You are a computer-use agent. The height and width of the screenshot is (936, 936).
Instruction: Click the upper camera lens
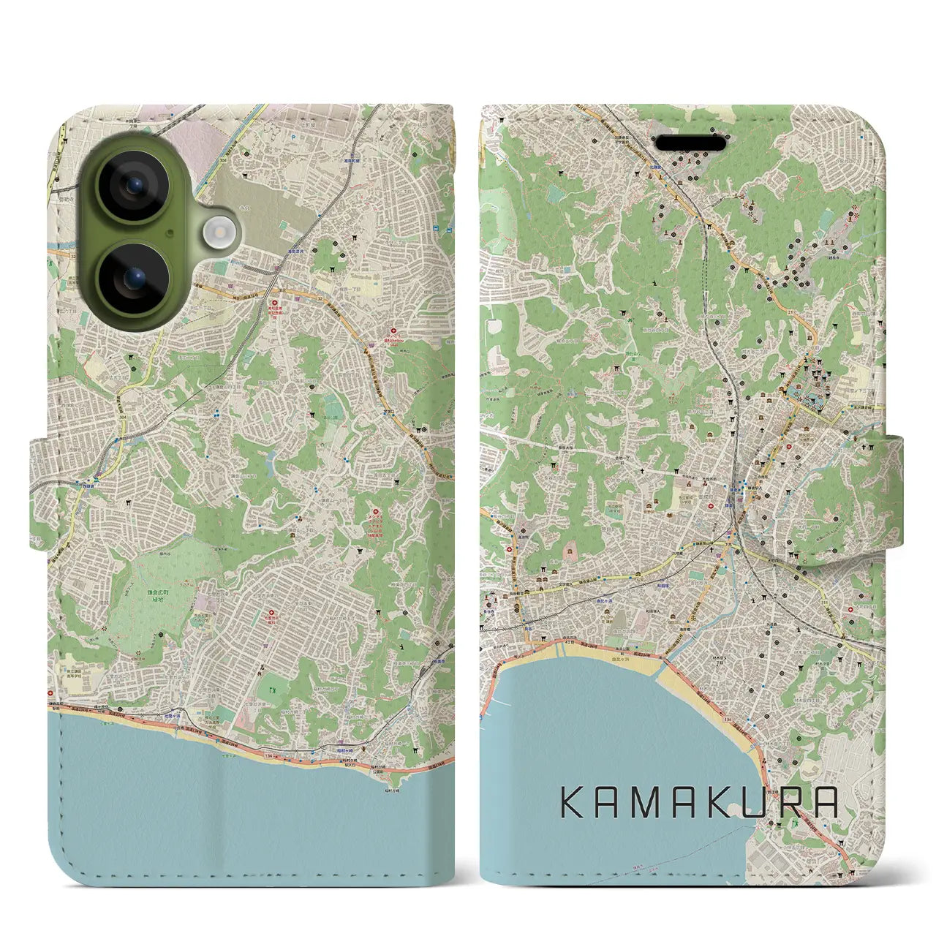click(x=135, y=185)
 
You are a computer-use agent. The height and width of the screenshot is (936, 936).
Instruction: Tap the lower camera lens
click(x=135, y=279)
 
